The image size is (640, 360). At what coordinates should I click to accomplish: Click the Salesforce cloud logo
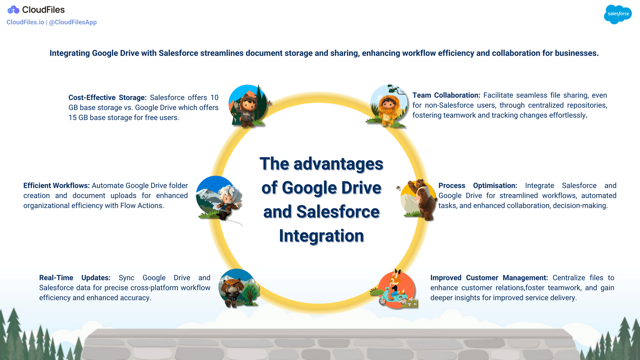coord(618,14)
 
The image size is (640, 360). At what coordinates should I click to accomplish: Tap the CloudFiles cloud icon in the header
coord(13,10)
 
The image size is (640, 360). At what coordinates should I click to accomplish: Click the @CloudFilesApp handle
coord(73,22)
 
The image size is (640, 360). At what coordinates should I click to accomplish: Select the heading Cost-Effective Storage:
coord(107,98)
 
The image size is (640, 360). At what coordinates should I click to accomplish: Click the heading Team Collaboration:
coord(446,95)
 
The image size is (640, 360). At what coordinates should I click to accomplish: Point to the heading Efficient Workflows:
coord(56,186)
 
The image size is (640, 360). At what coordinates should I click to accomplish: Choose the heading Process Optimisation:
coord(478,186)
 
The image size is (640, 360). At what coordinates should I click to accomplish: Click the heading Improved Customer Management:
coord(489,278)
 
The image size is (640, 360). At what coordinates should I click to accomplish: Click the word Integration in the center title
coord(321,236)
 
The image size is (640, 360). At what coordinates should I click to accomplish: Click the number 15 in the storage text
coord(72,118)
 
